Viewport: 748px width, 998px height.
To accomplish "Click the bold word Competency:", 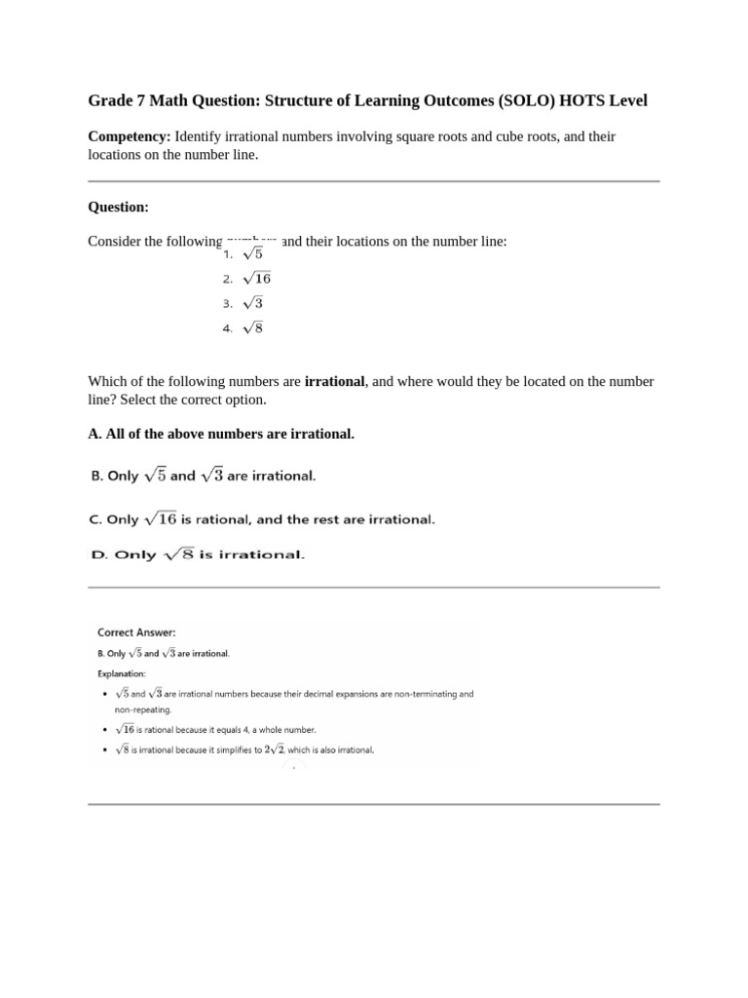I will click(x=130, y=136).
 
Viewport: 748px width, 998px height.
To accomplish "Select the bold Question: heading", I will click(x=119, y=207).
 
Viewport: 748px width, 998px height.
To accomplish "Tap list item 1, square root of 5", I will click(x=251, y=253).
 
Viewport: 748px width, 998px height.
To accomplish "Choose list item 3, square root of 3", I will click(x=251, y=303).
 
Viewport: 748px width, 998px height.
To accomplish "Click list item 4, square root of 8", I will click(x=251, y=328).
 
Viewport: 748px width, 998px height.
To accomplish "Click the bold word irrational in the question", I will click(x=334, y=381).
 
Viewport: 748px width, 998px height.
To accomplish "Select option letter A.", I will click(x=93, y=433).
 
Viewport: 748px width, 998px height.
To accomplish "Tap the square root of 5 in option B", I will click(x=155, y=476).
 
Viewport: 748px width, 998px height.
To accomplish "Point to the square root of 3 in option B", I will click(x=211, y=476).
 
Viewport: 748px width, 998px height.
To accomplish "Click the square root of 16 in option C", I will click(x=161, y=519).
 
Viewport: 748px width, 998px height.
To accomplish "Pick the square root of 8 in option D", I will click(x=177, y=555).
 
